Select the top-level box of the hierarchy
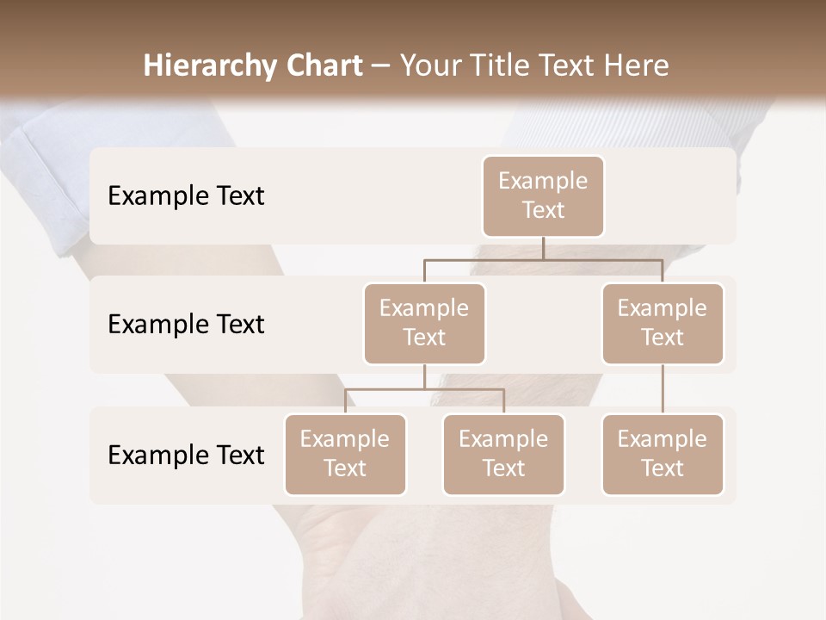[543, 196]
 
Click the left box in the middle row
[424, 324]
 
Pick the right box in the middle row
[663, 324]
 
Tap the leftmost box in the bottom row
[345, 455]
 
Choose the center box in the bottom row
[503, 455]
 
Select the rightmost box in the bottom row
[663, 455]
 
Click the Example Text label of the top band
[186, 196]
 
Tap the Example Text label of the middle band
[186, 325]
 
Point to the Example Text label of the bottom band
[186, 456]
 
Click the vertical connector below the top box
[543, 248]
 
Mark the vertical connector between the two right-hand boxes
[663, 389]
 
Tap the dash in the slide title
[380, 66]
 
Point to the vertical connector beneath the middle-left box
[424, 376]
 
